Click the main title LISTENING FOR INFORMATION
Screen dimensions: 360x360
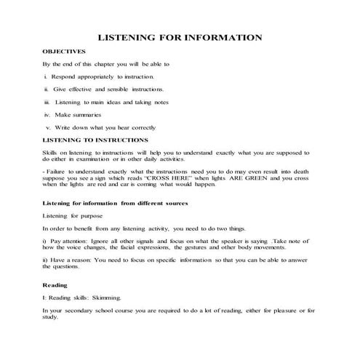point(180,37)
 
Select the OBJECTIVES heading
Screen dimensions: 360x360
point(65,52)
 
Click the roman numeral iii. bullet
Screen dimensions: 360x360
point(47,102)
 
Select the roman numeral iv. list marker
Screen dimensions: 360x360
point(47,114)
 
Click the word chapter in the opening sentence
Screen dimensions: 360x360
point(111,64)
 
